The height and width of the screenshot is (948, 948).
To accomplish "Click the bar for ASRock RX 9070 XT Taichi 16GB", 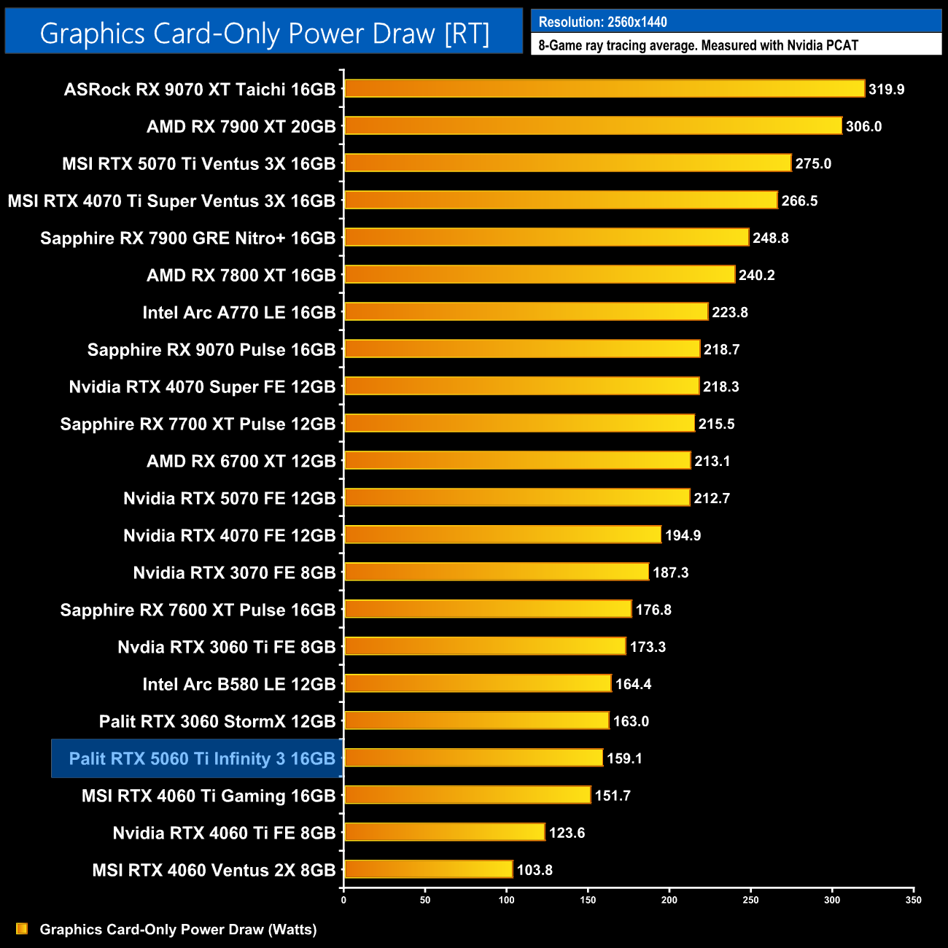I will point(604,89).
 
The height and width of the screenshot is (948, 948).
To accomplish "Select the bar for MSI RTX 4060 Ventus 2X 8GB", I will point(428,869).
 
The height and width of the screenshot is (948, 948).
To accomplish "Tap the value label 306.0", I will point(863,127).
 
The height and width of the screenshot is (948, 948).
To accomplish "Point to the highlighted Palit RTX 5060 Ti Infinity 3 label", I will point(201,759).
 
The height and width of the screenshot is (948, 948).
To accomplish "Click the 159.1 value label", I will point(624,758).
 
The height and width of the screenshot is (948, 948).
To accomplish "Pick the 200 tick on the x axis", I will point(669,900).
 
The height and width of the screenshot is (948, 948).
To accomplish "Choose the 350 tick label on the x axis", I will point(913,900).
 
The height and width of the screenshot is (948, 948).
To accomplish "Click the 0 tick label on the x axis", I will point(343,900).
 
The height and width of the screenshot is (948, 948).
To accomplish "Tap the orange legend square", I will point(22,928).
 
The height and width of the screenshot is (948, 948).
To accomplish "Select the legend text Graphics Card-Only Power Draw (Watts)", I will point(178,929).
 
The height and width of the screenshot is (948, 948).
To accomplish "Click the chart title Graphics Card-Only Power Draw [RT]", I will point(264,34).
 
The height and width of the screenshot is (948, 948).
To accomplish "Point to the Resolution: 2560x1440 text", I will point(602,22).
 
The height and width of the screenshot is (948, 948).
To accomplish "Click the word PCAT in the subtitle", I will point(842,45).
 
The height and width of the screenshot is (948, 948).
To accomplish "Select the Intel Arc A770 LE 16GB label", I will point(238,313).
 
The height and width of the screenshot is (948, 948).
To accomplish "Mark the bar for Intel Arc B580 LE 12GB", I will point(478,683).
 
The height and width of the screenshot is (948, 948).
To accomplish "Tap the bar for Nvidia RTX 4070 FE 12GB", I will point(502,535).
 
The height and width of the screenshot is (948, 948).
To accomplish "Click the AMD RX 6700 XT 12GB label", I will point(241,462).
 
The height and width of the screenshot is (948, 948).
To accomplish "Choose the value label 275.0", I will point(813,164).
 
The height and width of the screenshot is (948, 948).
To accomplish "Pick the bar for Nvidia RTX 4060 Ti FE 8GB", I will point(444,832).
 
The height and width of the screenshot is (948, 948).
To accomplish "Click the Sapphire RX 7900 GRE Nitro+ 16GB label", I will point(187,238).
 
